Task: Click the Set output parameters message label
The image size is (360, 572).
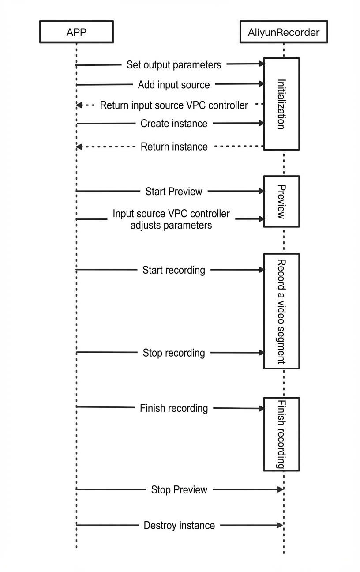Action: point(174,65)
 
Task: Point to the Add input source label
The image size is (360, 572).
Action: point(174,85)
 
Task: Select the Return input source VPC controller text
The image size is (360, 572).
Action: point(174,105)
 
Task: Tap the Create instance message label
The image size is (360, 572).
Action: point(174,124)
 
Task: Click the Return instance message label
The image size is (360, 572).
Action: point(174,147)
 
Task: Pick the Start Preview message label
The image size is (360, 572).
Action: point(174,191)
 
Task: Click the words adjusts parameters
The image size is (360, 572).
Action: point(171,225)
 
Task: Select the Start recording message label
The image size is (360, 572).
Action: point(174,270)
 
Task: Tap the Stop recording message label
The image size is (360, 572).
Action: point(174,353)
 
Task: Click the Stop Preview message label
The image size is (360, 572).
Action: point(179,489)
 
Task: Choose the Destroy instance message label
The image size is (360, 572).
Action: point(179,525)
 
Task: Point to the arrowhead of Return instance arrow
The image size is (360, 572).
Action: point(79,147)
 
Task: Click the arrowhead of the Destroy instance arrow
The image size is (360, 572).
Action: point(280,525)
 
